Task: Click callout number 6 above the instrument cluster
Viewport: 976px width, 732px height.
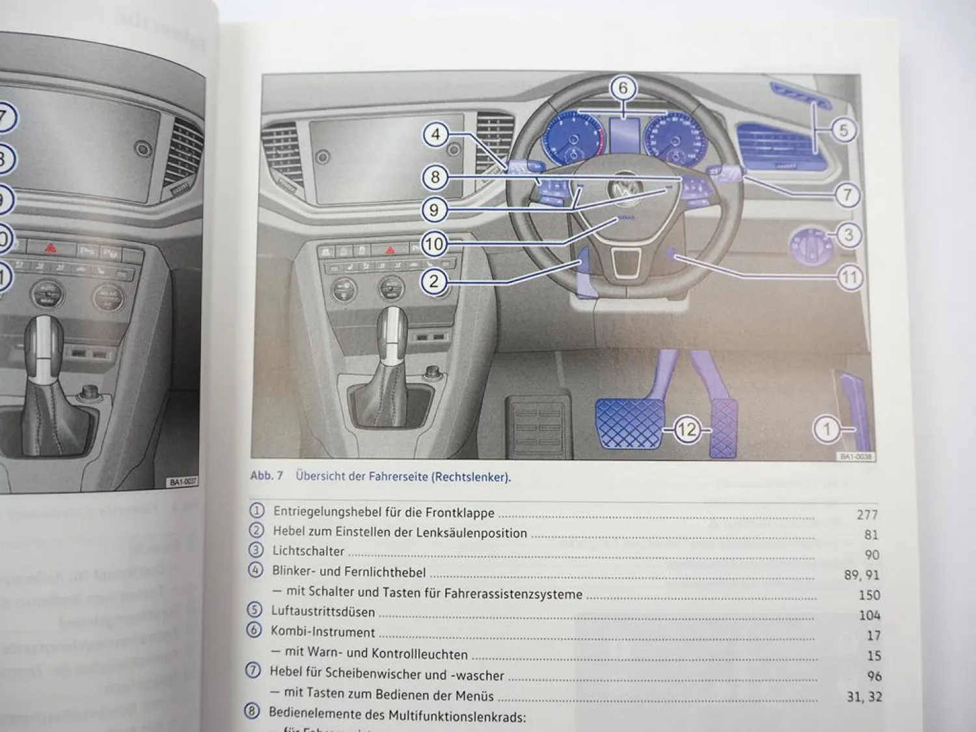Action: tap(623, 88)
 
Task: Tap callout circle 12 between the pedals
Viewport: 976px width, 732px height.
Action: tap(686, 429)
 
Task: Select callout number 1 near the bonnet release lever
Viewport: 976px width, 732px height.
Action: tap(828, 429)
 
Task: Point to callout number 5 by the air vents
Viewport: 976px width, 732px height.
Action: tap(843, 130)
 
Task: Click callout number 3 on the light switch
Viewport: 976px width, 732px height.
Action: tap(847, 235)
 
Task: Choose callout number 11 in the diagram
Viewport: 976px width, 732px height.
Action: tap(849, 278)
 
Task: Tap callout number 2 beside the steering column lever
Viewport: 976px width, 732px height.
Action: tap(434, 281)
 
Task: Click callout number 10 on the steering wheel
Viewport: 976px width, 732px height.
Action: tap(434, 244)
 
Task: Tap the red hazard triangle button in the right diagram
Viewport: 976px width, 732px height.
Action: tap(390, 249)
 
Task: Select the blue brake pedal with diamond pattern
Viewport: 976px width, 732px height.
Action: tap(627, 423)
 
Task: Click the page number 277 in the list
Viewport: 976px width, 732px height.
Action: tap(867, 515)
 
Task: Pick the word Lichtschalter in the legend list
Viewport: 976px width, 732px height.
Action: tap(308, 551)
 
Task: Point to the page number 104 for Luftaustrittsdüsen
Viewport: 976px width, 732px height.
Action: tap(869, 615)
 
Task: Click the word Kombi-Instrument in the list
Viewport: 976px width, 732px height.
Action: tap(323, 632)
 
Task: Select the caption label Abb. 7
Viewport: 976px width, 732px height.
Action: tap(267, 476)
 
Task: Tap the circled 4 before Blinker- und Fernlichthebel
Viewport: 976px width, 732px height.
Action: tap(256, 570)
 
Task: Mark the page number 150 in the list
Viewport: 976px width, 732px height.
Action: tap(869, 595)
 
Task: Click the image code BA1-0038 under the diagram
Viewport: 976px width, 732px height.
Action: tap(855, 457)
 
